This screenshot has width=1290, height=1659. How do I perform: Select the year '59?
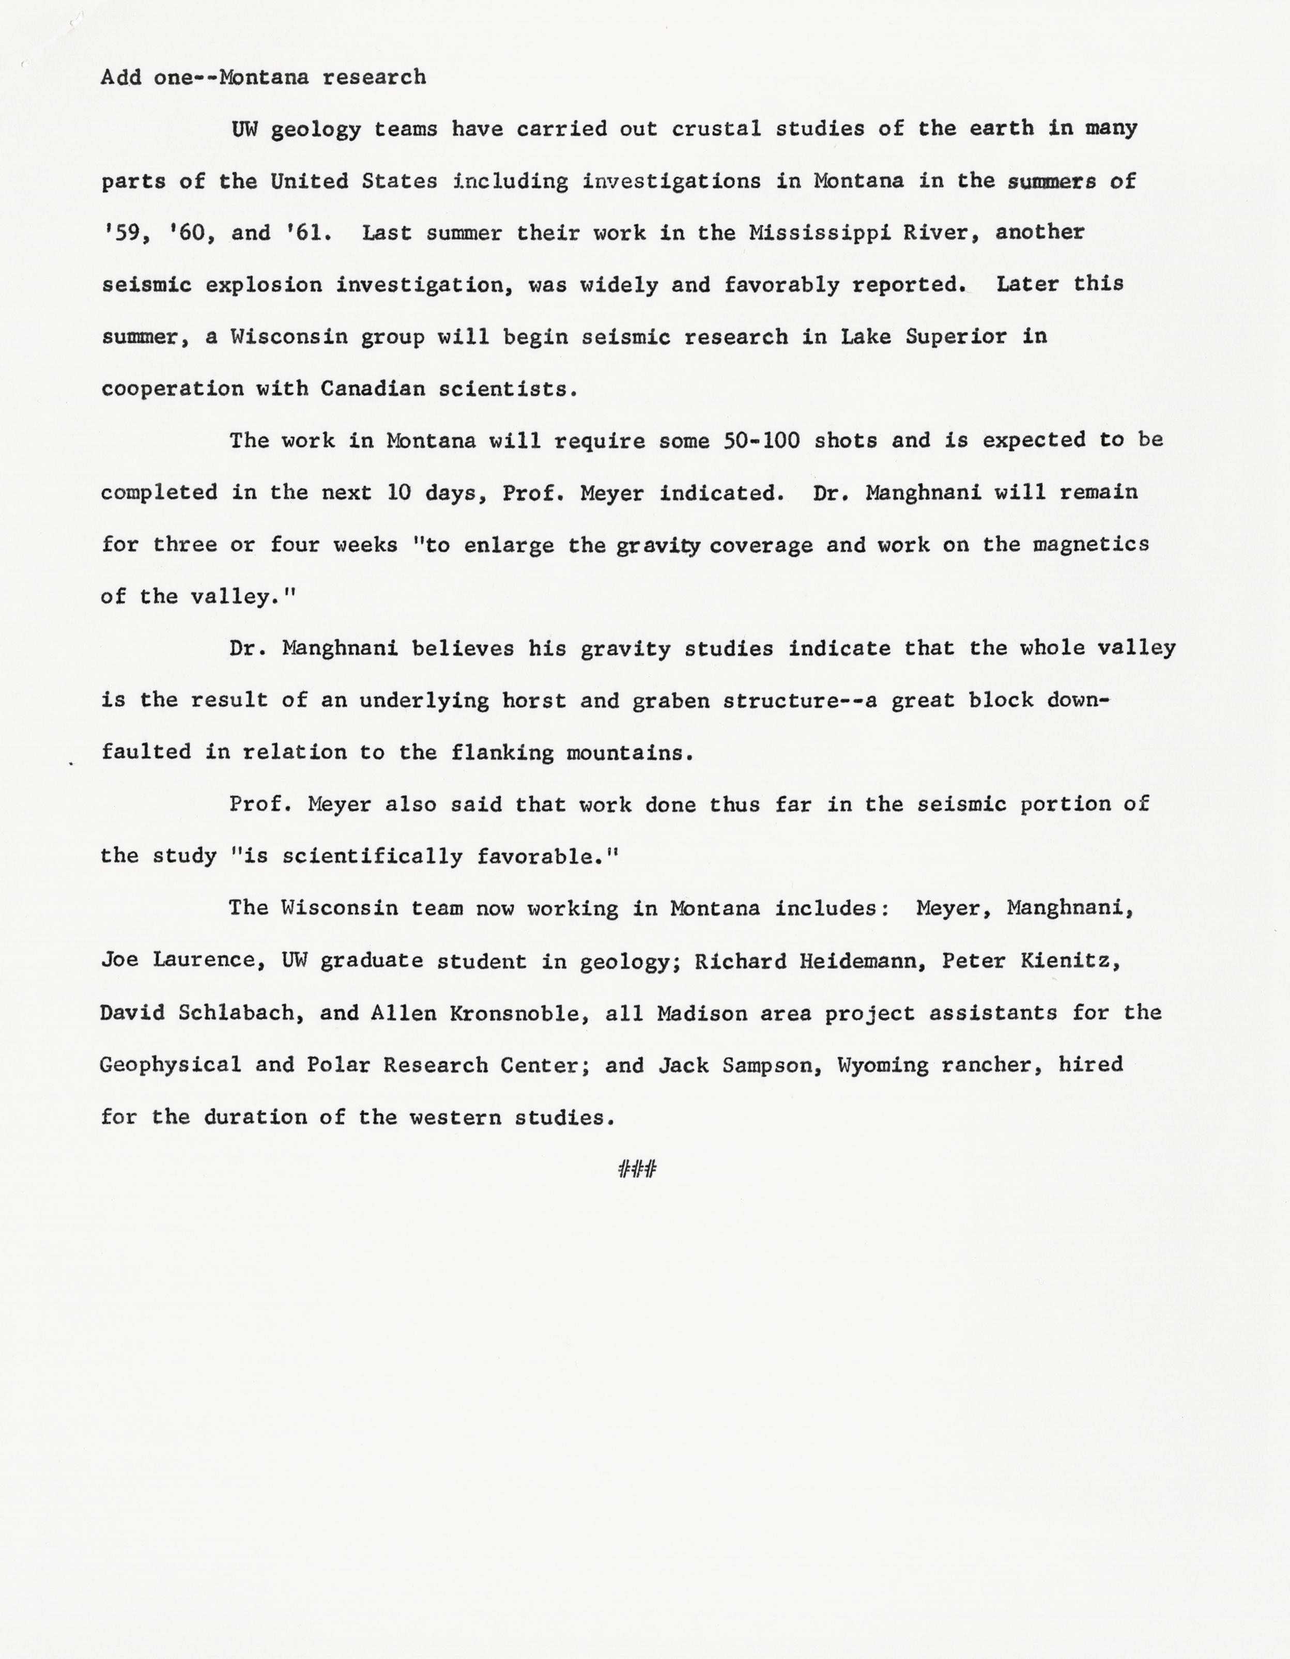(x=121, y=232)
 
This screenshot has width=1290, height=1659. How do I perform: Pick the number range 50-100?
(x=761, y=441)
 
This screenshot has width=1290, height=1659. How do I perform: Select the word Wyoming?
(x=882, y=1065)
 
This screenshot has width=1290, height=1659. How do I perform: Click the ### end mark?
(x=637, y=1170)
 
